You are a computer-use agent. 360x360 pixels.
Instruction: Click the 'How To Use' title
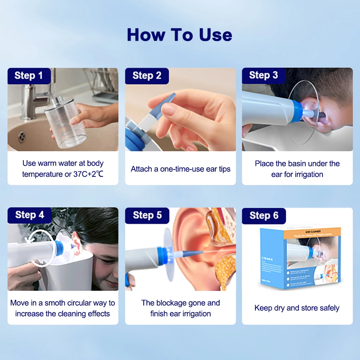(179, 35)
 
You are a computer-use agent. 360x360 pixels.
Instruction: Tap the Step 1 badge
(28, 76)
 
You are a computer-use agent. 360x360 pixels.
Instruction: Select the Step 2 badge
(147, 76)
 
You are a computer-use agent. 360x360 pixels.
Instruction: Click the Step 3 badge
(264, 75)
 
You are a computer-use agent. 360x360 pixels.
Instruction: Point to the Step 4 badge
(30, 215)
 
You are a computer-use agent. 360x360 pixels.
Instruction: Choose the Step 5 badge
(147, 215)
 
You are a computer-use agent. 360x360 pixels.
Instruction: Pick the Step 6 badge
(264, 216)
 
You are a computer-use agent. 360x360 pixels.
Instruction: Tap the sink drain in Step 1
(22, 136)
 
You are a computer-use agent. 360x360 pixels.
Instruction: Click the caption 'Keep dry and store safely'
(297, 308)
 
